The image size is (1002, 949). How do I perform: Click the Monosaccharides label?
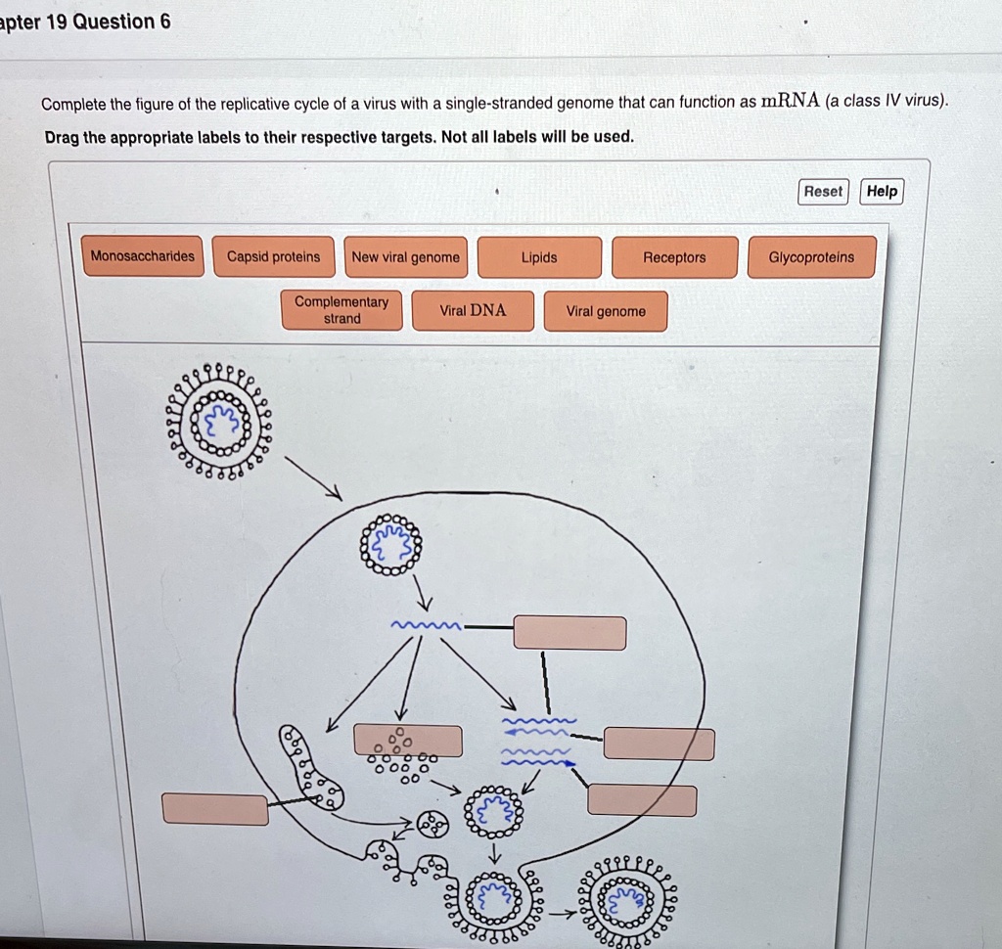coord(143,256)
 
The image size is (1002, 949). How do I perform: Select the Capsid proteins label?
coord(274,257)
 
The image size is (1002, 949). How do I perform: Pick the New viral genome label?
coord(406,257)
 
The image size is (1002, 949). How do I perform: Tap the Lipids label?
coord(539,257)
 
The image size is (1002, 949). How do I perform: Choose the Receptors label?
coord(675,257)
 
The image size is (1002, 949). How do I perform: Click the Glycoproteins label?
coord(811,257)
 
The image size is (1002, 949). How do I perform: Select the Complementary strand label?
coord(342,310)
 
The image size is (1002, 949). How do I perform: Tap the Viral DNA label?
coord(473,310)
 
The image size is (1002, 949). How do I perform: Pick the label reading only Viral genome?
coord(606,311)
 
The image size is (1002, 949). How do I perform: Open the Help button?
coord(882,191)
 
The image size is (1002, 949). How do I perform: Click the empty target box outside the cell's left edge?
coord(215,810)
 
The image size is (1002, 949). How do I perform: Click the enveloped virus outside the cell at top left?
coord(219,422)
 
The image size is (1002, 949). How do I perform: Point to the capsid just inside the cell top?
coord(391,545)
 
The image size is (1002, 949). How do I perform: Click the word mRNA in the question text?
coord(790,101)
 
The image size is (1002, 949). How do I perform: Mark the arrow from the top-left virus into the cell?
coord(313,478)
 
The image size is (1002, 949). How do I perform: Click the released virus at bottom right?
coord(626,902)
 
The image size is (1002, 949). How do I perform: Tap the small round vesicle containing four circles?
coord(433,825)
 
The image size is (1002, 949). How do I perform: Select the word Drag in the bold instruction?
coord(62,138)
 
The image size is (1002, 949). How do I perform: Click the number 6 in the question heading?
coord(165,22)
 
